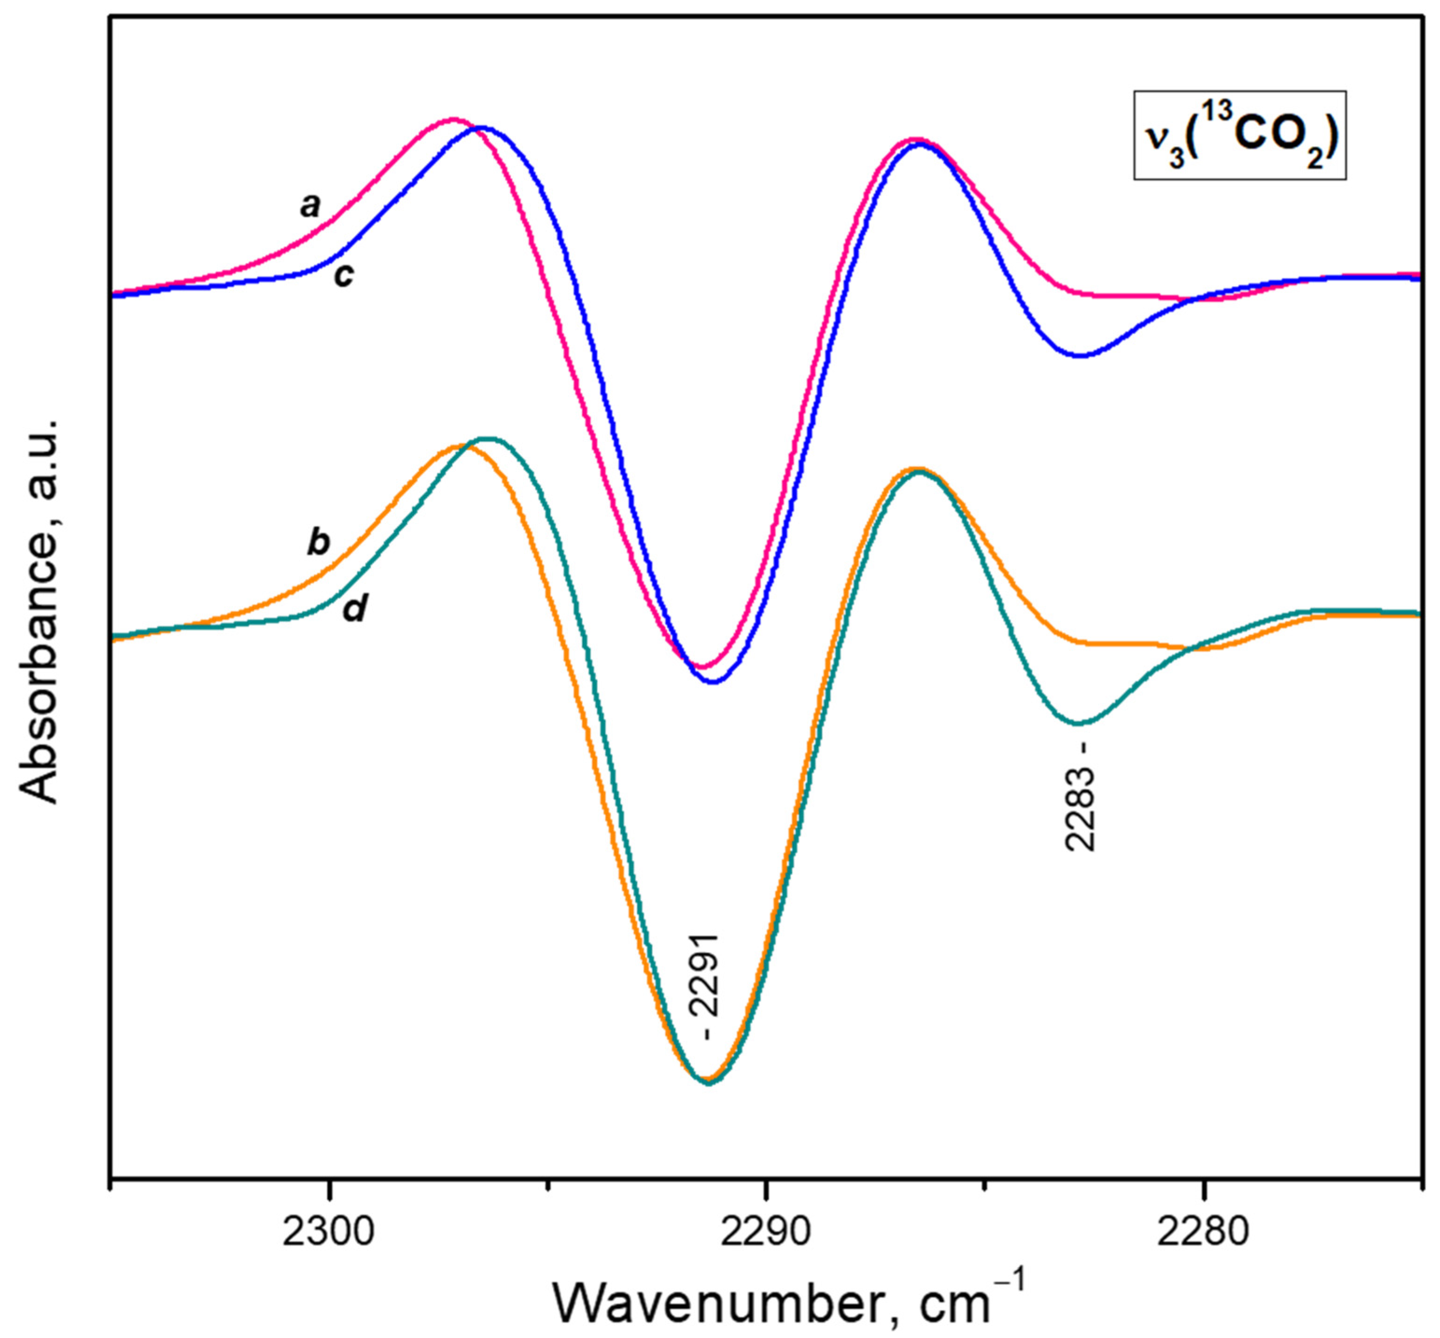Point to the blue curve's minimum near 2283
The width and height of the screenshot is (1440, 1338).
point(1079,356)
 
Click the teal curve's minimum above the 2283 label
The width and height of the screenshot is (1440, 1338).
point(1079,722)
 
